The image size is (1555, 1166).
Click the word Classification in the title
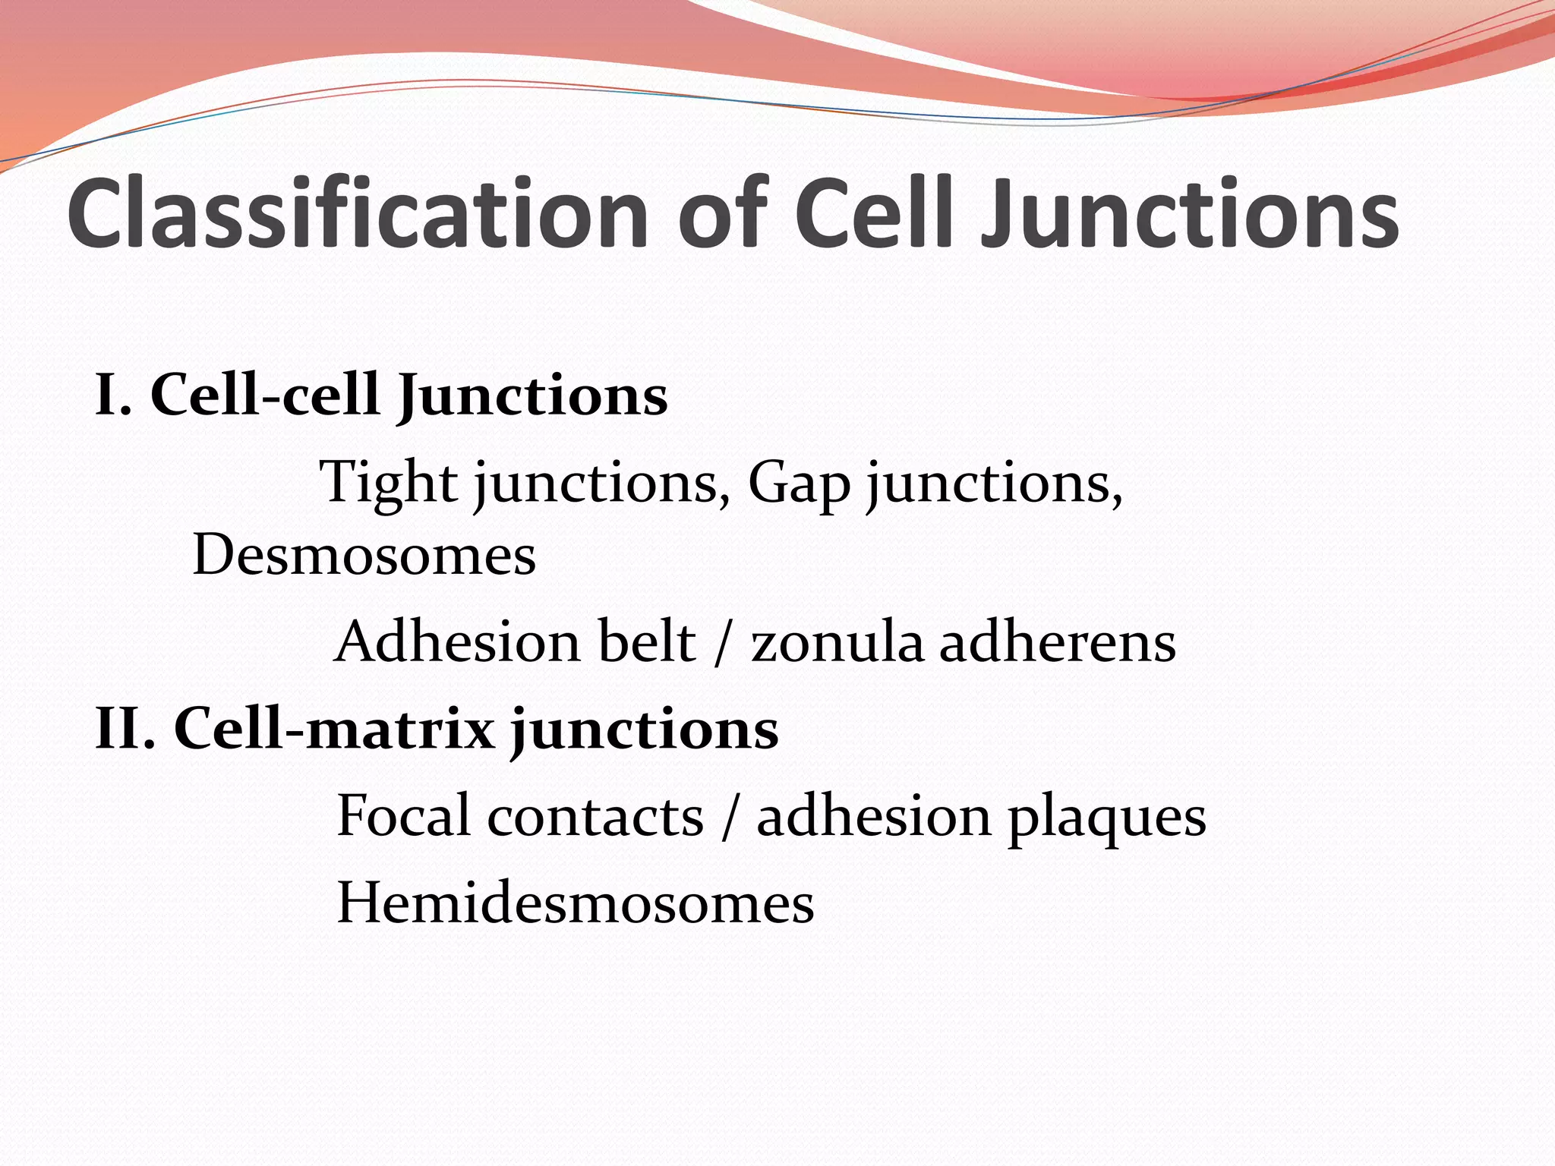357,213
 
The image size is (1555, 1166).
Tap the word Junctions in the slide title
1189,213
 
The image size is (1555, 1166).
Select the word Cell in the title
874,213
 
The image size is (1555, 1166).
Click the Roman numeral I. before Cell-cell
113,395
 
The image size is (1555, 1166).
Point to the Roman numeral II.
125,730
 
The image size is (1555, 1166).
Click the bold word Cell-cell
265,395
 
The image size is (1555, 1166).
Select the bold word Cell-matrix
334,730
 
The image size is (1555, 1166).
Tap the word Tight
388,483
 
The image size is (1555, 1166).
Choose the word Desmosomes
364,555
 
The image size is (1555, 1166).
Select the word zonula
837,642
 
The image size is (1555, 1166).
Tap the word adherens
1058,642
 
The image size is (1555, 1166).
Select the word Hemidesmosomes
575,903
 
